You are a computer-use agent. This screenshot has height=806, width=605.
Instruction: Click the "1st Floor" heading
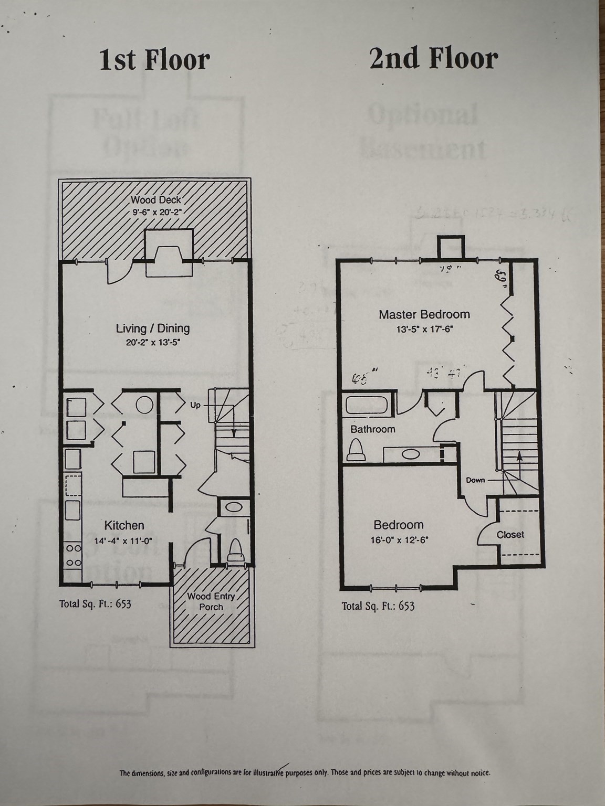click(154, 60)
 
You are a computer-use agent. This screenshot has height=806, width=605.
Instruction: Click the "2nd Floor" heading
click(433, 58)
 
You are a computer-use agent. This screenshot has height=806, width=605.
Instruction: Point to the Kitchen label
click(124, 525)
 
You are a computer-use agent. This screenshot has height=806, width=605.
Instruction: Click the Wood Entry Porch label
click(211, 601)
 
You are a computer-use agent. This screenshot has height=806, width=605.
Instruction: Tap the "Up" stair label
click(195, 405)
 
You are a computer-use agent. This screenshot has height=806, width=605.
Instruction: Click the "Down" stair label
click(475, 480)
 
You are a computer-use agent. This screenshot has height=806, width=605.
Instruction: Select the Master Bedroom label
click(424, 314)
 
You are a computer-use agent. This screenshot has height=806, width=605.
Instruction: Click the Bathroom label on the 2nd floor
click(373, 429)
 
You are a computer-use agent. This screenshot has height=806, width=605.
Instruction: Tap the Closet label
click(510, 535)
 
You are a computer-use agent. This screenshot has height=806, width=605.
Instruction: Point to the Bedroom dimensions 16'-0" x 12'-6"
click(398, 539)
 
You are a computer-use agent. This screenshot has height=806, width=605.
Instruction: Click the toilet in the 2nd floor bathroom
click(357, 450)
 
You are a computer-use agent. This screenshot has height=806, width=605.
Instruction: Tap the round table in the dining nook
click(144, 405)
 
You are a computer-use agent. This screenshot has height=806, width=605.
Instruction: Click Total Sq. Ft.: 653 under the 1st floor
click(95, 603)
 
